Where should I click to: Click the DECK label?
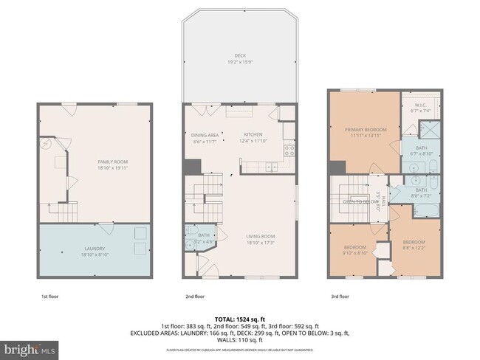tap(239, 55)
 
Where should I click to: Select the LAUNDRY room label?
tap(95, 249)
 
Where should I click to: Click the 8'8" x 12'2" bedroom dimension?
tap(414, 247)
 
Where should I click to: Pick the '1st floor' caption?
tap(50, 296)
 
